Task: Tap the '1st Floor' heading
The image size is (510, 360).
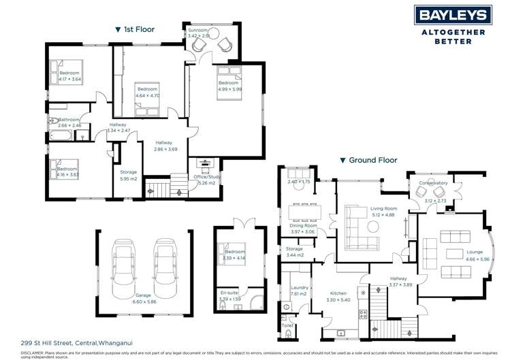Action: (x=136, y=29)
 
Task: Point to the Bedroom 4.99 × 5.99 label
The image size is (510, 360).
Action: (x=230, y=86)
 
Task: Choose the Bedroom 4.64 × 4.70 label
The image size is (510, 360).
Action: (x=148, y=93)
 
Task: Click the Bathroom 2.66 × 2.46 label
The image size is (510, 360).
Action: (x=69, y=122)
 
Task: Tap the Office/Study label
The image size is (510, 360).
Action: (x=206, y=180)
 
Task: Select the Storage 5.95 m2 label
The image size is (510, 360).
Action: (x=129, y=176)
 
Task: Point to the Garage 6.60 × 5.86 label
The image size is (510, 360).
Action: (x=144, y=298)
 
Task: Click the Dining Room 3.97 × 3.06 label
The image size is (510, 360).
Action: (x=303, y=229)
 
